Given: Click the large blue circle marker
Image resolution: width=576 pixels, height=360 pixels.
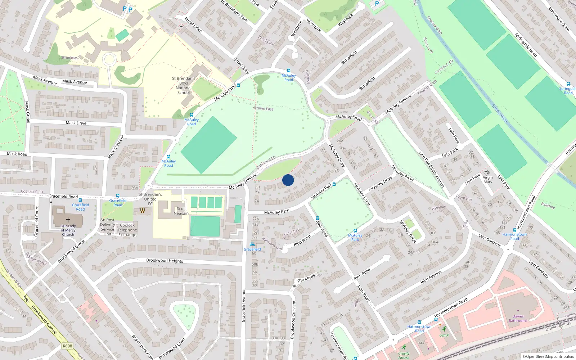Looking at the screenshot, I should [288, 180].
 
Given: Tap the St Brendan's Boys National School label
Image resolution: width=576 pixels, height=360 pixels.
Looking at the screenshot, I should [184, 86].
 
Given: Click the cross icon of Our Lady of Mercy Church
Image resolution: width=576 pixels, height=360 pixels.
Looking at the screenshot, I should [68, 220].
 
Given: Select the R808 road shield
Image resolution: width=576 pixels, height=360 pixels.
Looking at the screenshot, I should [67, 346].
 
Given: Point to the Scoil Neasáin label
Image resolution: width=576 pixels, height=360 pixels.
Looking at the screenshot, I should [181, 211].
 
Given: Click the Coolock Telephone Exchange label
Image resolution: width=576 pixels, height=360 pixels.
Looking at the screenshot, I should [127, 230].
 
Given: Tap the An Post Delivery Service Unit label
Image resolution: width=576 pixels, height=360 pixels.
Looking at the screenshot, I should [107, 227].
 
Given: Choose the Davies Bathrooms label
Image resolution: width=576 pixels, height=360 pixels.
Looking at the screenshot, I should [518, 319].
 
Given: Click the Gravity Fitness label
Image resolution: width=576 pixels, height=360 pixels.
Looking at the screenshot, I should [404, 355].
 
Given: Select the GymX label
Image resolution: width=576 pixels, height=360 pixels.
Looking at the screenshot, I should [444, 335].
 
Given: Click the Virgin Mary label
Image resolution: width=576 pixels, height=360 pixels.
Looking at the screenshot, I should [488, 180].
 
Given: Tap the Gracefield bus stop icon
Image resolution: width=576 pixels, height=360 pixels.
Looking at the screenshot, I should [252, 245].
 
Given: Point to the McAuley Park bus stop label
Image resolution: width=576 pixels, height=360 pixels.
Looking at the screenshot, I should [355, 238].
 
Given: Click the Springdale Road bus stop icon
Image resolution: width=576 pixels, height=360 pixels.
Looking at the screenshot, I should [568, 84].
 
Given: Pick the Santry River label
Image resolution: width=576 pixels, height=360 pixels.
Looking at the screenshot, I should [500, 113].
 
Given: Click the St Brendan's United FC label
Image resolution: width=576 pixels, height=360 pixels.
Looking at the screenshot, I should [150, 199].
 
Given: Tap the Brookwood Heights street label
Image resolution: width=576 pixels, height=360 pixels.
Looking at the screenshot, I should [165, 261].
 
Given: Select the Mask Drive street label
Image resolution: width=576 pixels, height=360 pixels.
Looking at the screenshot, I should [76, 123].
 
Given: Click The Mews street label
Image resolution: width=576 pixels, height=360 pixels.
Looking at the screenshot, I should [306, 278].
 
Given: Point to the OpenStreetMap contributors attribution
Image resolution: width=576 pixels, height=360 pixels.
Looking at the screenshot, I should [548, 356].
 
